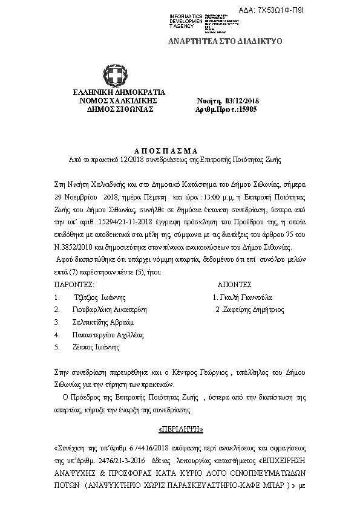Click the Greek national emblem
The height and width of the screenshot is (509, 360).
pyautogui.click(x=114, y=77)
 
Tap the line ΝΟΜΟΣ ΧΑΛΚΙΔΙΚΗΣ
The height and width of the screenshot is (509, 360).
pyautogui.click(x=114, y=100)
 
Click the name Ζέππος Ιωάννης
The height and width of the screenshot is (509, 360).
pyautogui.click(x=96, y=347)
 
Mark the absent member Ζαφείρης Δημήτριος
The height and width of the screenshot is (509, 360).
pyautogui.click(x=248, y=309)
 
